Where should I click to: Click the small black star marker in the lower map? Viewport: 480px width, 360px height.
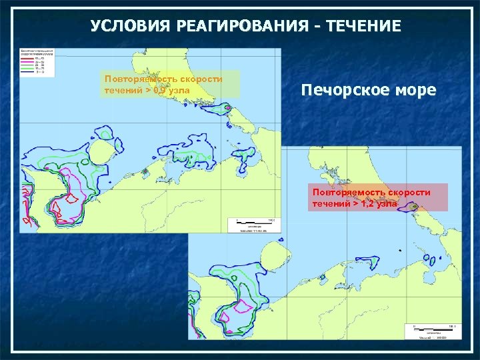[399, 250]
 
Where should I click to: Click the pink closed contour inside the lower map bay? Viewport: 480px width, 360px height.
[241, 305]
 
